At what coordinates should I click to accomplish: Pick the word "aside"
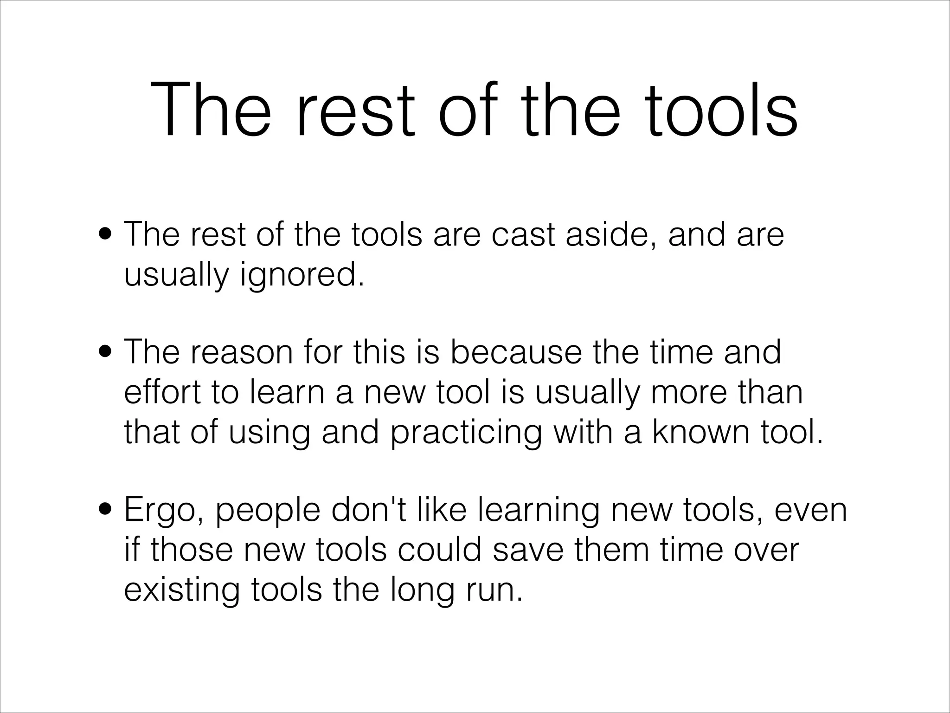[x=611, y=234]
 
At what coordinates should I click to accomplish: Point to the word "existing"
[x=182, y=590]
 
